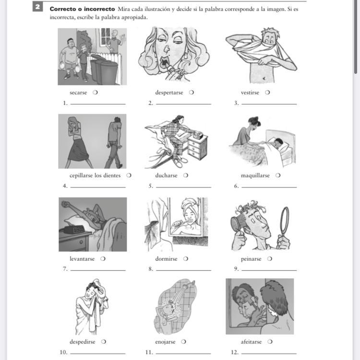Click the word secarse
coord(78,93)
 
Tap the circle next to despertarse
coord(192,93)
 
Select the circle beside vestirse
coord(267,93)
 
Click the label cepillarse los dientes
coord(95,175)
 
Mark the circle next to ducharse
coord(186,175)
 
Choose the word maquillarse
coord(255,175)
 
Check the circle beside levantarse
coord(103,259)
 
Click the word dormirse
coord(166,259)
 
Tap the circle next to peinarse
coord(270,259)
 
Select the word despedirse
coord(82,342)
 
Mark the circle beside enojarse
coord(183,342)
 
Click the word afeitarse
coord(251,342)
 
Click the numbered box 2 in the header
coord(37,6)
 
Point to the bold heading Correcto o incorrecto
coord(82,9)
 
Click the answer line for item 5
coord(183,187)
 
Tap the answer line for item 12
coord(269,354)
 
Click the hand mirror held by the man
coord(285,227)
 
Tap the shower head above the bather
coord(191,283)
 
